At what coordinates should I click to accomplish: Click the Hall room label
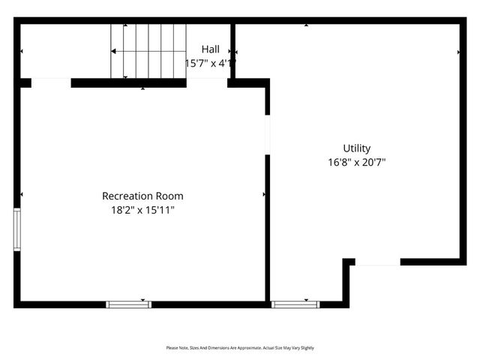click(x=210, y=49)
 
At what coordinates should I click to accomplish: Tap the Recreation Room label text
click(x=142, y=196)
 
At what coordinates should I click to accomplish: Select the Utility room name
click(x=357, y=148)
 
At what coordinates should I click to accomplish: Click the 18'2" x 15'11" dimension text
click(x=142, y=210)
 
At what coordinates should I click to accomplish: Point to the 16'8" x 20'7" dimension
click(x=357, y=162)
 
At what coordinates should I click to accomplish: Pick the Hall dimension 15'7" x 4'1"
click(x=210, y=63)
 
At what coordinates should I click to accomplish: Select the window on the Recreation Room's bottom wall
click(x=128, y=304)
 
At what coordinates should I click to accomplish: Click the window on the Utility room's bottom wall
click(x=295, y=304)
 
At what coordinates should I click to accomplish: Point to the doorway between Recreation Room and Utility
click(x=267, y=135)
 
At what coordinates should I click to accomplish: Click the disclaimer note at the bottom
click(x=240, y=348)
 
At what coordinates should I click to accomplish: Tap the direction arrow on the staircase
click(x=114, y=51)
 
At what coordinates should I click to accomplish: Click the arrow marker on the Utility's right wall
click(x=459, y=52)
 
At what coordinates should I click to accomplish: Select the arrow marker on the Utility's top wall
click(x=306, y=25)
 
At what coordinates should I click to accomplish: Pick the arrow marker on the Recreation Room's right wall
click(x=264, y=194)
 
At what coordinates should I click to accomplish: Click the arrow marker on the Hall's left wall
click(x=21, y=51)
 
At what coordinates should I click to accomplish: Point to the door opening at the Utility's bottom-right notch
click(x=377, y=262)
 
